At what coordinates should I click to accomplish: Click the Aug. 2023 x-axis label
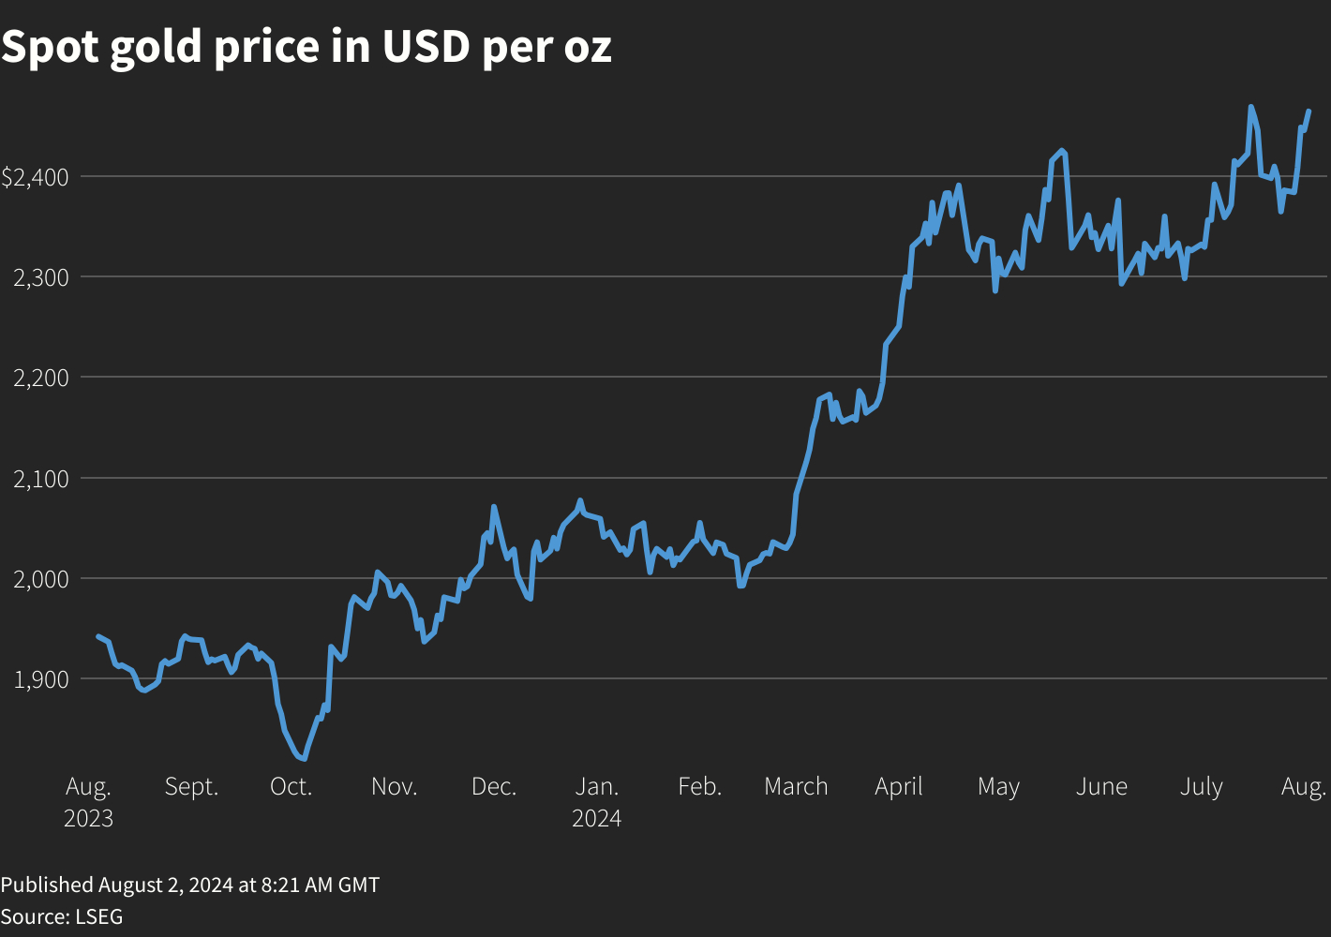pos(88,802)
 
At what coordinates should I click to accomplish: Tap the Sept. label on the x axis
pos(191,786)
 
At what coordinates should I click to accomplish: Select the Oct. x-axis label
pos(291,786)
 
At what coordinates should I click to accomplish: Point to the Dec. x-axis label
pos(494,786)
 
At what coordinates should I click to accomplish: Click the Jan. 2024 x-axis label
pos(597,802)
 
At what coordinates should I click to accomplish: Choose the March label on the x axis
pos(796,786)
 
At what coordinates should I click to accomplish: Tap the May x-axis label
pos(998,787)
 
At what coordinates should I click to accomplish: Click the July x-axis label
pos(1201,787)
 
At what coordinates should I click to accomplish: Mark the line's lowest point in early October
pos(304,758)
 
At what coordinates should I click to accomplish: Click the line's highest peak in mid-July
pos(1250,107)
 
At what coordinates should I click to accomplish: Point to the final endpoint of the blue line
pos(1309,112)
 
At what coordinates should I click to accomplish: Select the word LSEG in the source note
pos(99,915)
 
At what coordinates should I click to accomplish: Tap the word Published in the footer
pos(47,885)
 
